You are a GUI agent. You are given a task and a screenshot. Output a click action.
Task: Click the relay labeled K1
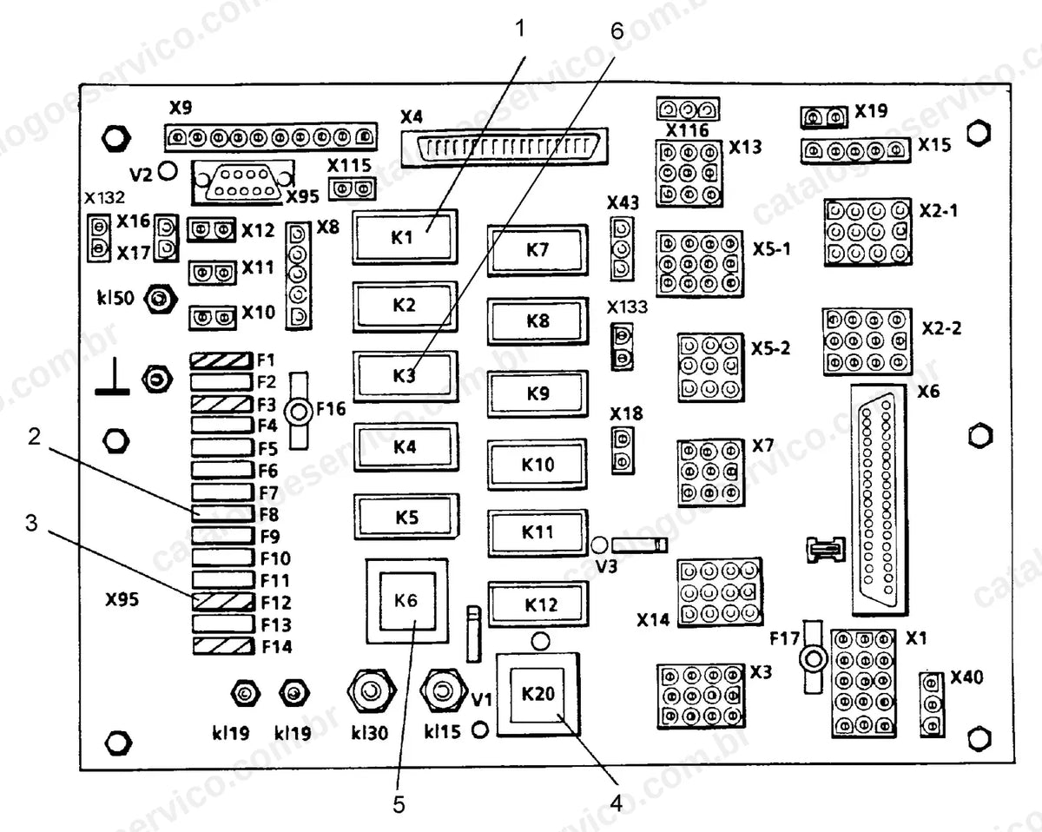pyautogui.click(x=405, y=237)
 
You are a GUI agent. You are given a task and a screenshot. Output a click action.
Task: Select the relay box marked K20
pyautogui.click(x=538, y=694)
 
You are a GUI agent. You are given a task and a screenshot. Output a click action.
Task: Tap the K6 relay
pyautogui.click(x=406, y=601)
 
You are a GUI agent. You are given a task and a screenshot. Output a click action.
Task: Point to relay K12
pyautogui.click(x=538, y=604)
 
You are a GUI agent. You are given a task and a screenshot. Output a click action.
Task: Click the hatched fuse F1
pyautogui.click(x=221, y=360)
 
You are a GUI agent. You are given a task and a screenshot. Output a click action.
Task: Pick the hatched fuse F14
pyautogui.click(x=223, y=646)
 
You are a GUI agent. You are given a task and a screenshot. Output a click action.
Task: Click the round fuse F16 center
pyautogui.click(x=299, y=412)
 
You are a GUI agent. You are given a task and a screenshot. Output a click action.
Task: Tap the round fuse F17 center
pyautogui.click(x=814, y=659)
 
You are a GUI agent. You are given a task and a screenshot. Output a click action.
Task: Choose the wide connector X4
pyautogui.click(x=504, y=147)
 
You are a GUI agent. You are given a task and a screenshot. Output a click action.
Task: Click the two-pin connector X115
pyautogui.click(x=352, y=188)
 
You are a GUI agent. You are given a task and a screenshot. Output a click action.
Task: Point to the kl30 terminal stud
pyautogui.click(x=372, y=691)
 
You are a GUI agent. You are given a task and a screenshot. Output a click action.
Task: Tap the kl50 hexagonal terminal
pyautogui.click(x=161, y=299)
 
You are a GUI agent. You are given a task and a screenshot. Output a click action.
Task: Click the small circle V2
pyautogui.click(x=168, y=171)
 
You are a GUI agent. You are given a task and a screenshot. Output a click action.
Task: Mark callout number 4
pyautogui.click(x=616, y=804)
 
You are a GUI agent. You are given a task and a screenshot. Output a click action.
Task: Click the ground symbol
pyautogui.click(x=112, y=377)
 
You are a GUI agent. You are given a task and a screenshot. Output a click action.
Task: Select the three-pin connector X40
pyautogui.click(x=932, y=704)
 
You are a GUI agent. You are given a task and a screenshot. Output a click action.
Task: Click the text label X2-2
pyautogui.click(x=941, y=329)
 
